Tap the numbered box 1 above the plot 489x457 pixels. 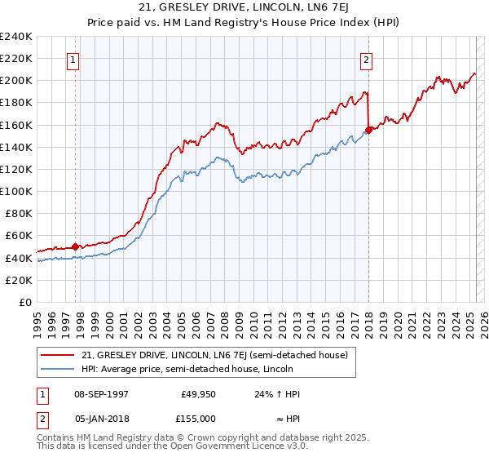coord(74,60)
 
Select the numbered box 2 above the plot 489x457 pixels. coord(367,60)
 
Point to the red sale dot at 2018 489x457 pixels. coord(368,130)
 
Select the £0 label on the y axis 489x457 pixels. coord(26,302)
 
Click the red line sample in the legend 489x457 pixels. coord(59,355)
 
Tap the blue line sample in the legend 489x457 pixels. coord(59,369)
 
